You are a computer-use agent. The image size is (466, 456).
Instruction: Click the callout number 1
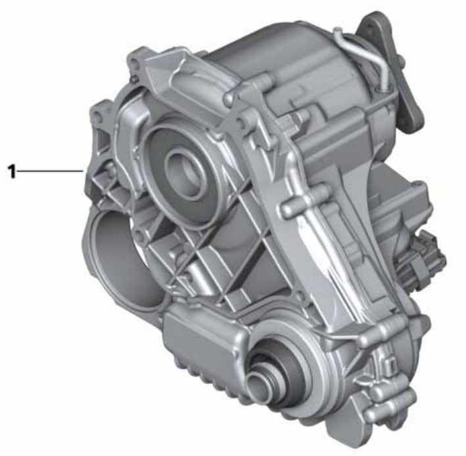(12, 171)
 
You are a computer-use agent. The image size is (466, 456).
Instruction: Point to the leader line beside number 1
(50, 171)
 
